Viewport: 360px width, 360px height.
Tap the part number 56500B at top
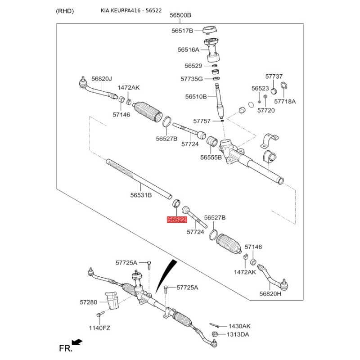click(180, 15)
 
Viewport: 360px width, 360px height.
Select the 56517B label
click(182, 31)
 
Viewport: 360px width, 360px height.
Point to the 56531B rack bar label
click(141, 195)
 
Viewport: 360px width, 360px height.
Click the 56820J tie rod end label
click(101, 79)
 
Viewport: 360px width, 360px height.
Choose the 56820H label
click(270, 293)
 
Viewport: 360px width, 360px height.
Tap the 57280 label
click(89, 302)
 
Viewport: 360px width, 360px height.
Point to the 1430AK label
click(239, 326)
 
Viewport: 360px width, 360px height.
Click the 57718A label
click(285, 102)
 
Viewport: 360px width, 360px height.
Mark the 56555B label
click(211, 157)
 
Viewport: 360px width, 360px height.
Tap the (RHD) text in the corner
click(65, 11)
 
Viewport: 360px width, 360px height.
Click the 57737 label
click(274, 76)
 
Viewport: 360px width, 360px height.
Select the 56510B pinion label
click(196, 96)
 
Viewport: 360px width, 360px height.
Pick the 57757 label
click(202, 121)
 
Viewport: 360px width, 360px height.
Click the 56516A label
click(188, 49)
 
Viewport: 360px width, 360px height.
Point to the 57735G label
click(192, 78)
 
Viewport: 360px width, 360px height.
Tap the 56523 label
click(260, 89)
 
